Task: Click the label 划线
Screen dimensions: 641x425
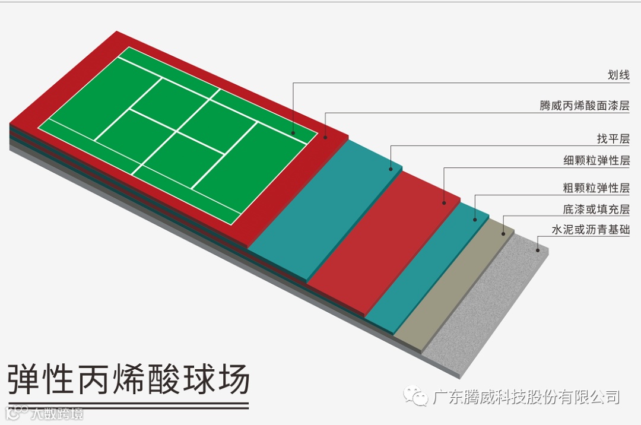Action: point(618,75)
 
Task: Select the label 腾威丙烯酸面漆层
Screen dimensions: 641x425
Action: point(584,106)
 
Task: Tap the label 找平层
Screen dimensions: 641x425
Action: point(613,139)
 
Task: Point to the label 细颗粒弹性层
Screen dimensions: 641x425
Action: point(596,160)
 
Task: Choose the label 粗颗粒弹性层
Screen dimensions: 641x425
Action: point(596,188)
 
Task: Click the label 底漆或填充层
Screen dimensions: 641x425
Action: point(596,209)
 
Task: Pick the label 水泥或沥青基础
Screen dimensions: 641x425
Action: point(590,230)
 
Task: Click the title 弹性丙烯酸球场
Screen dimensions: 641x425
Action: point(128,379)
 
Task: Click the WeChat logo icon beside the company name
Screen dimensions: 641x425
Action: point(416,397)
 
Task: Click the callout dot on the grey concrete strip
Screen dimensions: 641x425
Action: point(538,250)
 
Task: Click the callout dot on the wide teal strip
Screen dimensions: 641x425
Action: point(391,169)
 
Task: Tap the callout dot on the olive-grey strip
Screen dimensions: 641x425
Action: point(504,234)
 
